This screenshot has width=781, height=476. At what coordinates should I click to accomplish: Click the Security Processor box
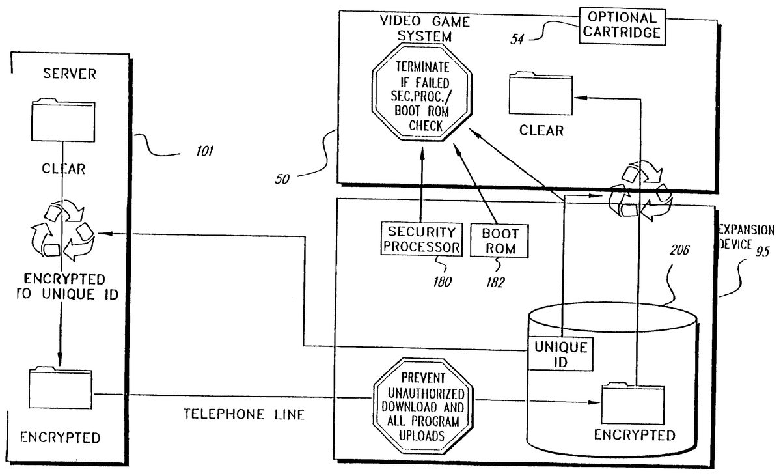[x=420, y=240]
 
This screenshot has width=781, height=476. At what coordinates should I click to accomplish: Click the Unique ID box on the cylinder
[x=561, y=354]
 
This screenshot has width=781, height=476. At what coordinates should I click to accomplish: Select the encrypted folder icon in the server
[x=61, y=390]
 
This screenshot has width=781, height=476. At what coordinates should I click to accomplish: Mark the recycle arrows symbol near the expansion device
[x=638, y=193]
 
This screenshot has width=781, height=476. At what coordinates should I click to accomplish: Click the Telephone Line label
[x=244, y=414]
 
